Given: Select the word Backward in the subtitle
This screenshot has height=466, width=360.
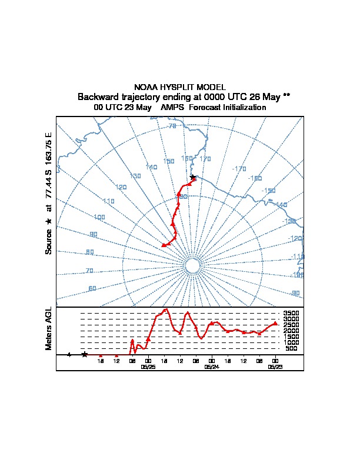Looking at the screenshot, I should pos(98,96).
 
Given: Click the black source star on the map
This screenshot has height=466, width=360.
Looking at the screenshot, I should pos(192,177).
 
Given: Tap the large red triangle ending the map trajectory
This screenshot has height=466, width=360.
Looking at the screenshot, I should pos(164,244).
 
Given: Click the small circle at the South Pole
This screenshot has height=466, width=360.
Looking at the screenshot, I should pos(192,267).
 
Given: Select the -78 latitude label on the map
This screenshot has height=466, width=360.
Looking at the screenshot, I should pos(172,126).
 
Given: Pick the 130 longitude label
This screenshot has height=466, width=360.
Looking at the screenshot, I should pos(135,176).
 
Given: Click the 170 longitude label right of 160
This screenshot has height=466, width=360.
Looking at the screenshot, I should pos(205,159).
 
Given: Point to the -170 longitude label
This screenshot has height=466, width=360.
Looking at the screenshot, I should pos(239,169).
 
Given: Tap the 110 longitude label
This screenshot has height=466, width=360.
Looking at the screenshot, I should pos(108,201).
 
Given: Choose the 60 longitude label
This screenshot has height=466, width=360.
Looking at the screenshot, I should pos(92,288).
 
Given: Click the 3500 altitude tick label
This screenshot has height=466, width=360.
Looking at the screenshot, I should pos(291,314).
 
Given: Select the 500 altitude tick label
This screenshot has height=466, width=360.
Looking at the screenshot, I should pos(291,349).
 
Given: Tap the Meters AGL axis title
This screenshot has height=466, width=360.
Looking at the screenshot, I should pos(49,328).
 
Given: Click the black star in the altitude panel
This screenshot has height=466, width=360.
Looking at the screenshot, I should pos(85,354).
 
